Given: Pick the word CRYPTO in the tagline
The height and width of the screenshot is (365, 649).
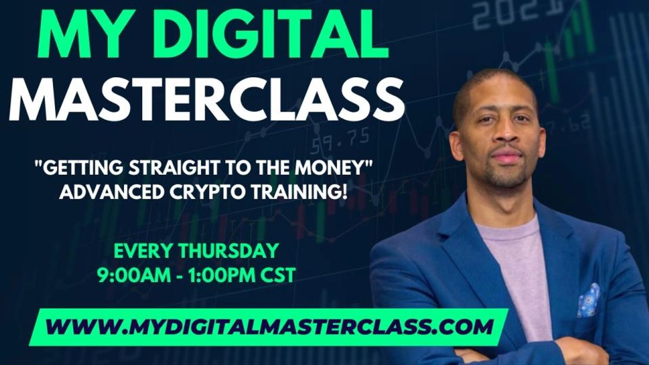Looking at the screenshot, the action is click(206, 192).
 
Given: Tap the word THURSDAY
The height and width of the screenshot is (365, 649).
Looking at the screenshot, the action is click(229, 250).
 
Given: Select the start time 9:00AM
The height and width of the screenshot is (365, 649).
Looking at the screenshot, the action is click(135, 275).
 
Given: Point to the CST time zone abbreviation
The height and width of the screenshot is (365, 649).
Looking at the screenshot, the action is click(277, 275).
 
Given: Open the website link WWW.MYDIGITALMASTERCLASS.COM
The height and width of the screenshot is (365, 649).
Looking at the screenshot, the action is click(269, 327).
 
